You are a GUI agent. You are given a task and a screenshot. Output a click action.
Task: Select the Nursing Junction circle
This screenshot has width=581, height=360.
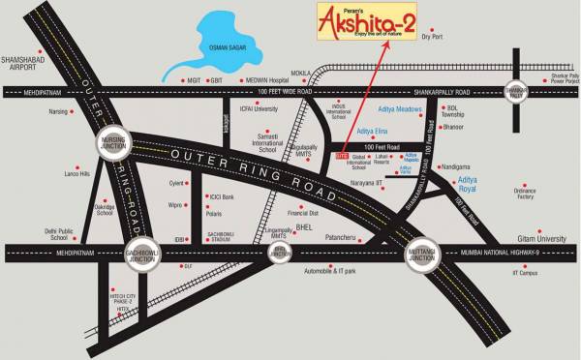[x=111, y=145]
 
